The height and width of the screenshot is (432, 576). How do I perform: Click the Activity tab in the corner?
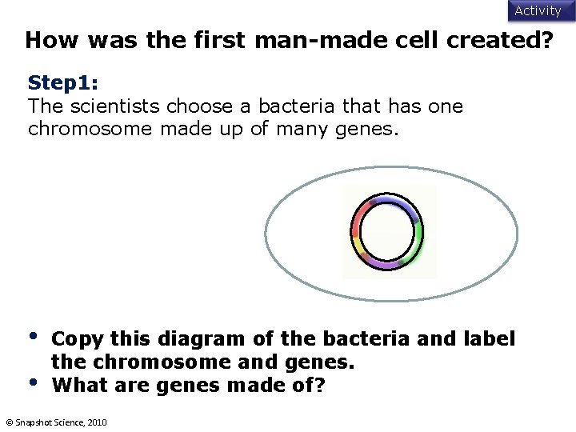pyautogui.click(x=538, y=10)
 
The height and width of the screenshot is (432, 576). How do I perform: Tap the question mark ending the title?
pyautogui.click(x=546, y=41)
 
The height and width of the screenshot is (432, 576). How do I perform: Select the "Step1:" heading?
pyautogui.click(x=63, y=83)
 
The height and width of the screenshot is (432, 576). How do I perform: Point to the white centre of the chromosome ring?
pyautogui.click(x=387, y=232)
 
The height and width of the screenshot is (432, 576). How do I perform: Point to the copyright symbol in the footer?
pyautogui.click(x=9, y=422)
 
